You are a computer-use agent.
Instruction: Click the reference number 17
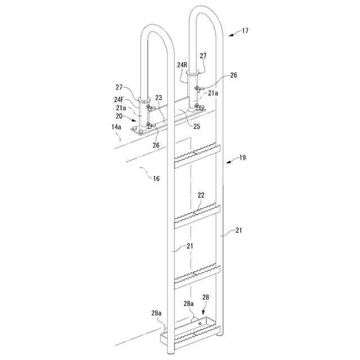245,31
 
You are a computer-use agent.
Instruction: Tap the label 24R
182,65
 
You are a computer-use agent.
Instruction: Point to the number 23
159,97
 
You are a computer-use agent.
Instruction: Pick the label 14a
115,128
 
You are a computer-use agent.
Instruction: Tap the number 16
156,179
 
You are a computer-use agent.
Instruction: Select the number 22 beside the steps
201,195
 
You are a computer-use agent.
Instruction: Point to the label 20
119,116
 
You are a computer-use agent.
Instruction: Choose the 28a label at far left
156,312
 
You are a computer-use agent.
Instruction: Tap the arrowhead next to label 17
232,34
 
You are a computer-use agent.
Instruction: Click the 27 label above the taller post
202,56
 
